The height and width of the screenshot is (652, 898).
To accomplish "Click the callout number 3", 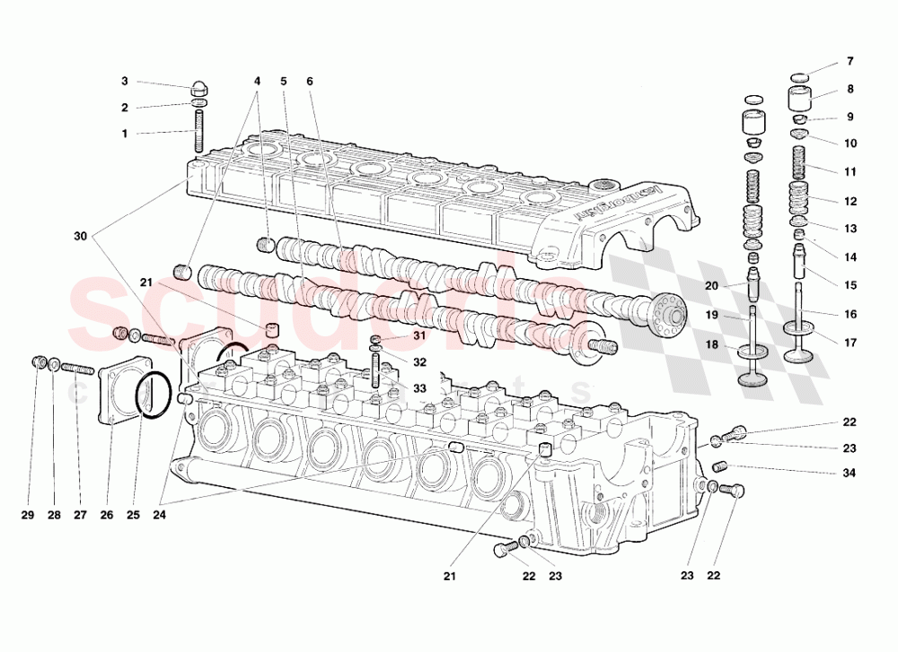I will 126,82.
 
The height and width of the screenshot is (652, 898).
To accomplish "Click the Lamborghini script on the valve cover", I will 618,203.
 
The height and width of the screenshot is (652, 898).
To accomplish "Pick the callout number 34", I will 849,473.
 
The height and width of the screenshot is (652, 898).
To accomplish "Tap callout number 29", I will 27,515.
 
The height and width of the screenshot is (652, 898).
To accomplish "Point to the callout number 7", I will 850,62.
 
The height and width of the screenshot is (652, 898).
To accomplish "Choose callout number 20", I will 712,286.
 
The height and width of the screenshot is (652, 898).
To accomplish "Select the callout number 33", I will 419,388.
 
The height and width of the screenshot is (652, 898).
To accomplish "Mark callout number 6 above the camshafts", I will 310,82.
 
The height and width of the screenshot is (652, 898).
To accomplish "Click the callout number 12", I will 850,201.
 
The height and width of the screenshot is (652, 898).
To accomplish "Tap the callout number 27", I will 80,515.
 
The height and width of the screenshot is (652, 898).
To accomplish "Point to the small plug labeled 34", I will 719,466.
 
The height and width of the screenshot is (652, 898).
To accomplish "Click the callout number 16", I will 850,314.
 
